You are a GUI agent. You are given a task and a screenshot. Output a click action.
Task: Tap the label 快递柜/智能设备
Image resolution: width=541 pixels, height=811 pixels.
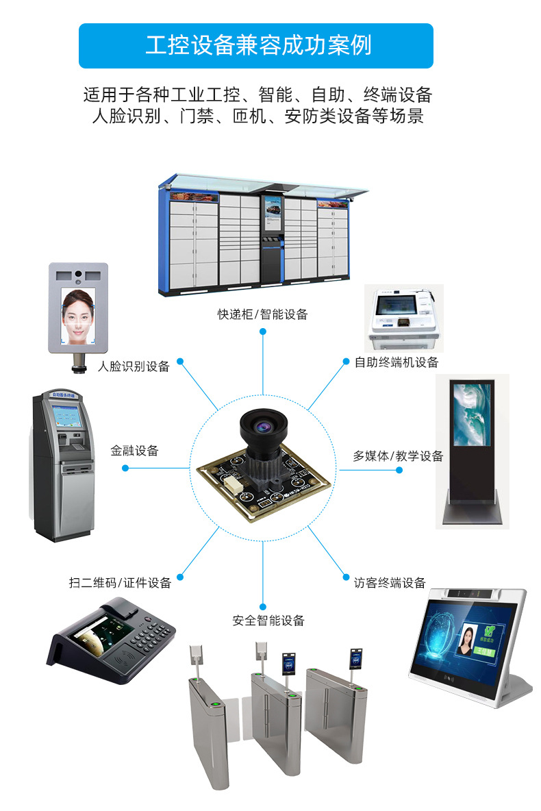tap(263, 314)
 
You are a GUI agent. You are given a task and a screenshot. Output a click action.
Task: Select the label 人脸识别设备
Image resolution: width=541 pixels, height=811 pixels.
tap(134, 366)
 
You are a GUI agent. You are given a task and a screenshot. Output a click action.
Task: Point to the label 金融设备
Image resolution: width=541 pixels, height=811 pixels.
tap(134, 451)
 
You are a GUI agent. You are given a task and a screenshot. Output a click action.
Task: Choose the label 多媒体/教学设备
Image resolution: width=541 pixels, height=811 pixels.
tap(398, 456)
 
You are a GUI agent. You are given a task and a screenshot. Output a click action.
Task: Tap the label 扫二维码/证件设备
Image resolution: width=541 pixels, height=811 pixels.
tap(120, 583)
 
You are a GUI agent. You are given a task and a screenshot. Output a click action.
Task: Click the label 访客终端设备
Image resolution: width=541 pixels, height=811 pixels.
tap(390, 583)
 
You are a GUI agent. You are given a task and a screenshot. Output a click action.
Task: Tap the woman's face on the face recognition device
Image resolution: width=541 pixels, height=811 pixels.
tap(77, 314)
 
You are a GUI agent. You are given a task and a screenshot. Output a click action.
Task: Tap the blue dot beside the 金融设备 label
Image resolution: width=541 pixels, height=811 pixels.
tap(125, 469)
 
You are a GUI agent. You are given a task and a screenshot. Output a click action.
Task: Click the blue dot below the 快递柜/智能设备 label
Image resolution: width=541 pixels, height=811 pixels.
tap(263, 332)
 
